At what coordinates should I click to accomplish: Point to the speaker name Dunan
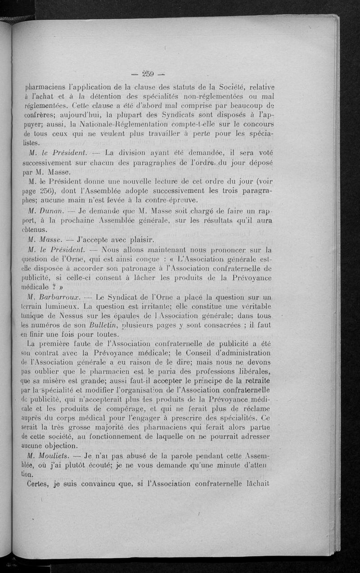[52, 210]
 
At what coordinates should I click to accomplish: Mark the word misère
[59, 381]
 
